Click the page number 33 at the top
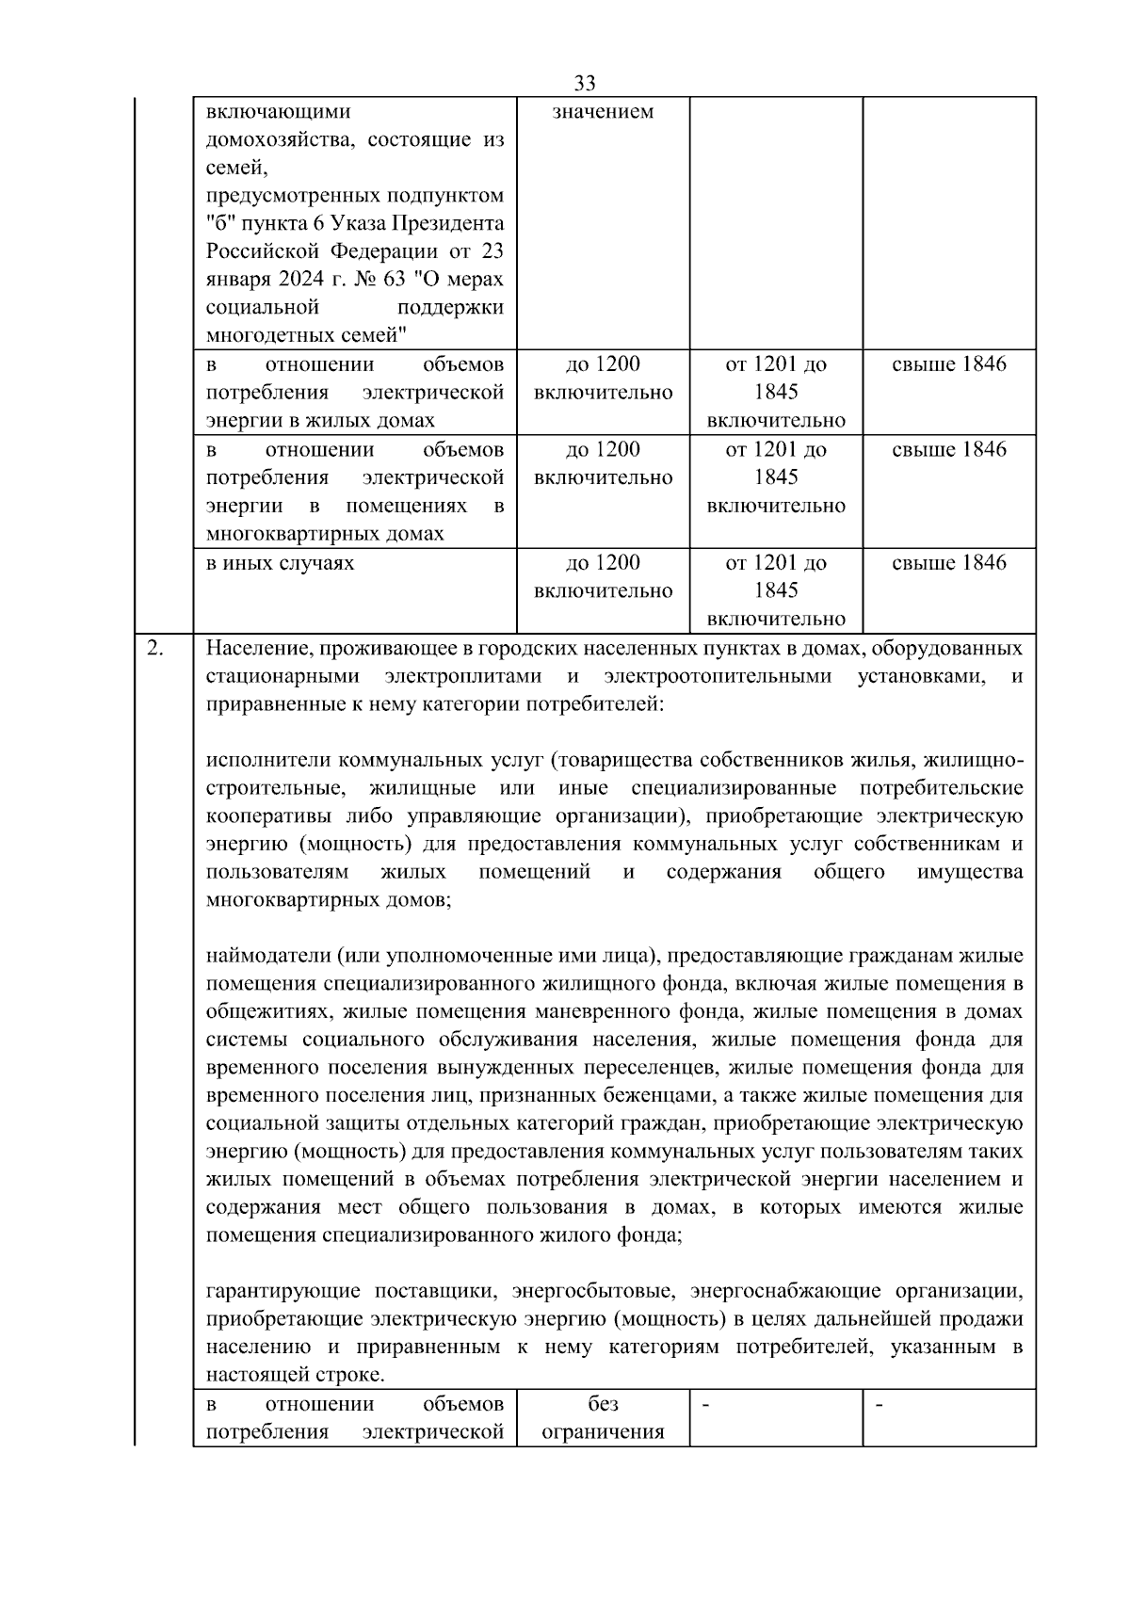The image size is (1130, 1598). pyautogui.click(x=584, y=83)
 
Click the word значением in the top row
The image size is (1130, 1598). pyautogui.click(x=603, y=112)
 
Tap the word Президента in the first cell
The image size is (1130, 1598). pyautogui.click(x=457, y=224)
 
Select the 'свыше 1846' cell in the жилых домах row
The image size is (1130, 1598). pyautogui.click(x=948, y=364)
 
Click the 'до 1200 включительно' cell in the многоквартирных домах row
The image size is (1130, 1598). pyautogui.click(x=603, y=463)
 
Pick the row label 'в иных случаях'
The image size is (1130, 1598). pyautogui.click(x=281, y=563)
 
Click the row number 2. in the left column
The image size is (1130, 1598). pyautogui.click(x=155, y=648)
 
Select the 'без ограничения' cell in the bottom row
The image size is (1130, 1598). pyautogui.click(x=603, y=1418)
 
